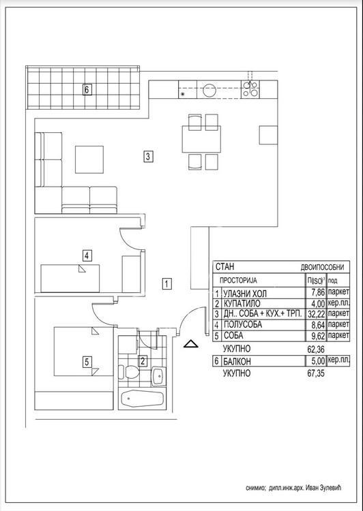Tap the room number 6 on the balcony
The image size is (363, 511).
point(87,89)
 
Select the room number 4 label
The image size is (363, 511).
point(87,256)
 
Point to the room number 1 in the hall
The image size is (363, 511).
point(166,283)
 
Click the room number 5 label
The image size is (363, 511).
point(87,362)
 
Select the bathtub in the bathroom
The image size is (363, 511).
point(142,399)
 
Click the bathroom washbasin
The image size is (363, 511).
point(158,375)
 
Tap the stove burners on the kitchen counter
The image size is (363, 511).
point(250,89)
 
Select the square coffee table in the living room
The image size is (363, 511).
point(89,158)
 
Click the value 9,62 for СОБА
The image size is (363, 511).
point(315,335)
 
